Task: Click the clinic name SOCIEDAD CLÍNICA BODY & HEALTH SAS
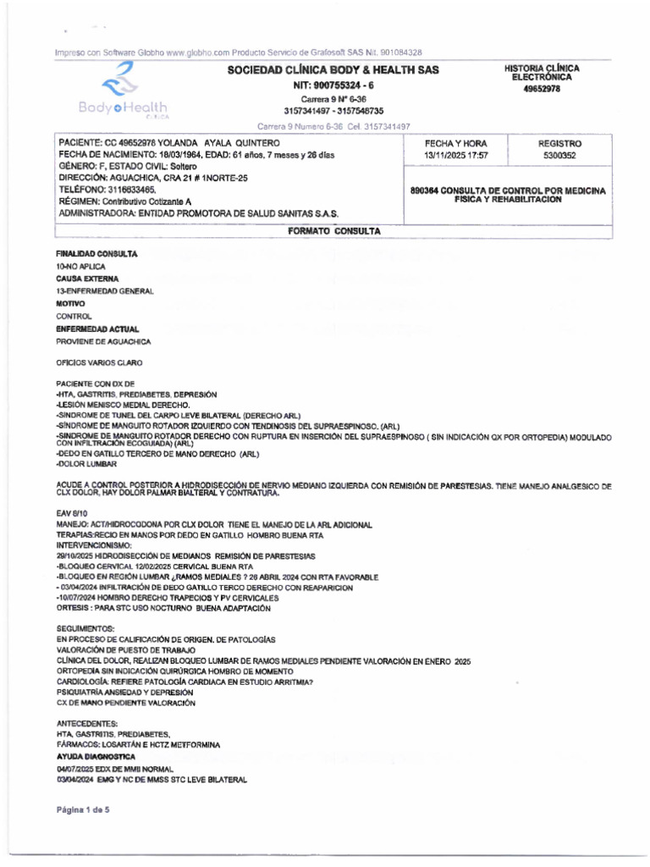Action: click(333, 70)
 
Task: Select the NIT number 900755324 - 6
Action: click(333, 86)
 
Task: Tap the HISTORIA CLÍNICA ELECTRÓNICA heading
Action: click(543, 72)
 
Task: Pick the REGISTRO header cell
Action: click(559, 144)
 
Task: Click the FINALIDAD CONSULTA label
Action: click(97, 254)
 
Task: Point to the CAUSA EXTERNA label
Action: click(88, 279)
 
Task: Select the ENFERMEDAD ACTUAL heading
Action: click(97, 329)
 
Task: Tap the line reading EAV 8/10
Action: click(71, 513)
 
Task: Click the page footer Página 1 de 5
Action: click(83, 809)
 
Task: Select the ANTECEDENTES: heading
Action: click(87, 723)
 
